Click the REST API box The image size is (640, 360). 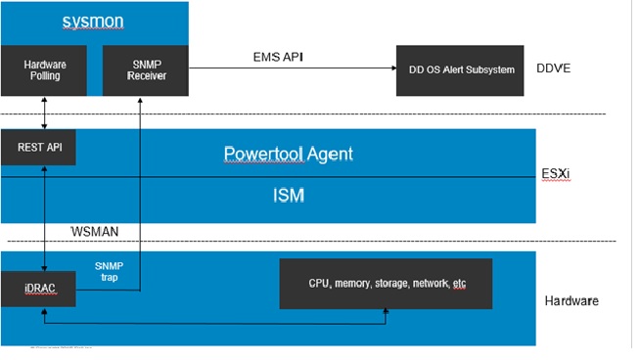point(38,148)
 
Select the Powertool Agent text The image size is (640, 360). point(288,154)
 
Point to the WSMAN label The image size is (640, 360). point(96,231)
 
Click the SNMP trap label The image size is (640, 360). point(110,272)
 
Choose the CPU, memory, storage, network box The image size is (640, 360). point(387,283)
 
